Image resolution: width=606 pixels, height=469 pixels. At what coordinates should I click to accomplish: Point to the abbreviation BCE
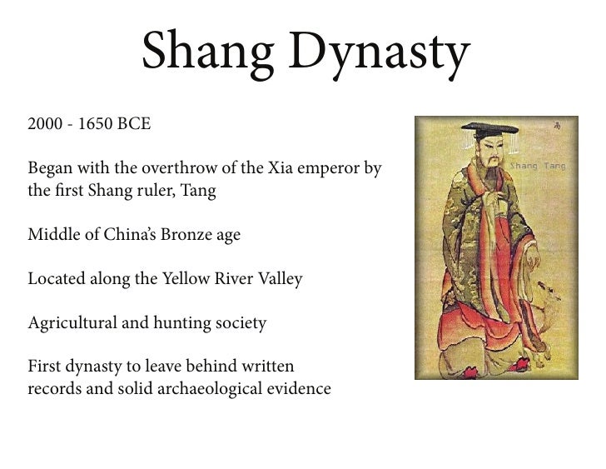pos(133,126)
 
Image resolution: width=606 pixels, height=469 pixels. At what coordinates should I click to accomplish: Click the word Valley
pos(279,279)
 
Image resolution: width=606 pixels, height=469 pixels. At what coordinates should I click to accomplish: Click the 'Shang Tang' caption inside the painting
pos(537,167)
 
